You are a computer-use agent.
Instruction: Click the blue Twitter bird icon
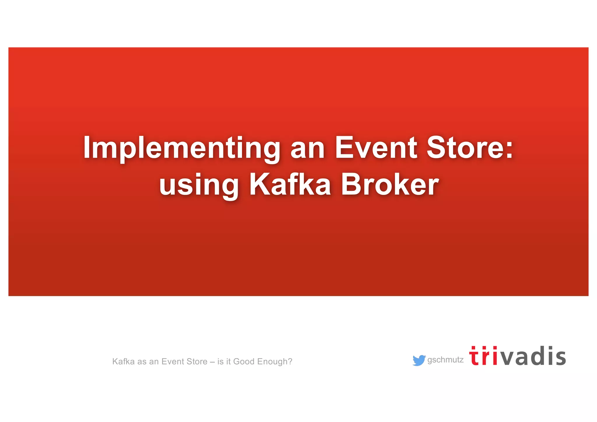pos(419,360)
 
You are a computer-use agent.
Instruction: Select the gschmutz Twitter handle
pos(445,360)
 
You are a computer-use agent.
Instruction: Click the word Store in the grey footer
pos(196,362)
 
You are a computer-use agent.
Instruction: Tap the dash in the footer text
pos(212,362)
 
